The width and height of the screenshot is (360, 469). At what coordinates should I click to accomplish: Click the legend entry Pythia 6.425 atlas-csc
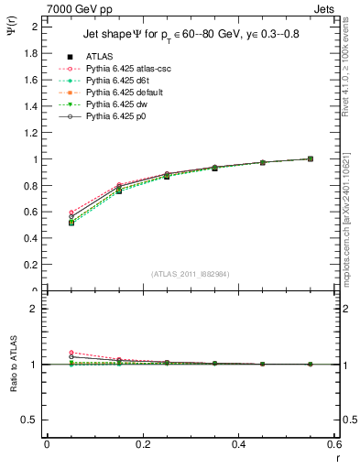click(121, 70)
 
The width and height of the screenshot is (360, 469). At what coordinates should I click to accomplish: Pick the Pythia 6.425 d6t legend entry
click(115, 82)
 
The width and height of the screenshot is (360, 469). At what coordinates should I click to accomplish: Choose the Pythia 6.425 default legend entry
click(120, 93)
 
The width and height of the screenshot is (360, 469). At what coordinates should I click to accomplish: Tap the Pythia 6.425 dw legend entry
click(113, 105)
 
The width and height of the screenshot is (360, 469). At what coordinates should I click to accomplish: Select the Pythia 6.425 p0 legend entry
click(113, 117)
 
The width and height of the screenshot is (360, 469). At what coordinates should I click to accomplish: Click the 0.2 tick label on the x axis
click(142, 444)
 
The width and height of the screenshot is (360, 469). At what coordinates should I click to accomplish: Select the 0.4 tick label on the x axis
click(238, 444)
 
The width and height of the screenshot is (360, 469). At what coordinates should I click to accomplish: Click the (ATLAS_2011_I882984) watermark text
click(191, 274)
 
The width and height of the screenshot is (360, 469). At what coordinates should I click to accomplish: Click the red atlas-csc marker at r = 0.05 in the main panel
click(71, 213)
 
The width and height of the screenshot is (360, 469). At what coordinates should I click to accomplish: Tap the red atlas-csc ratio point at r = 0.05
click(71, 352)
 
